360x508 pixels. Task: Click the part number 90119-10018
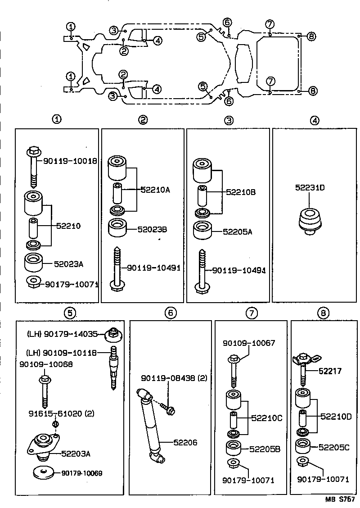point(70,161)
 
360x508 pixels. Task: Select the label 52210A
point(155,190)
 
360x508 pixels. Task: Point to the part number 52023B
point(153,229)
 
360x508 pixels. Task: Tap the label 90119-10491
point(153,268)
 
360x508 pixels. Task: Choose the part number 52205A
point(238,231)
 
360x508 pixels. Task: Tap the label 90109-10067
point(248,343)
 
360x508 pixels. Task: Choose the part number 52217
point(330,372)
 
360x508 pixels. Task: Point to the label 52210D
point(336,417)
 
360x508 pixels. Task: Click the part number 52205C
point(334,447)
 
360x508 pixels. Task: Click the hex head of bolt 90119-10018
point(34,151)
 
